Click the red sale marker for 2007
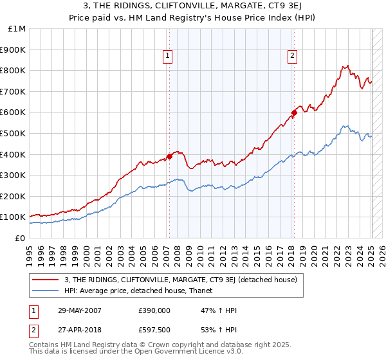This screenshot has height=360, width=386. pyautogui.click(x=169, y=156)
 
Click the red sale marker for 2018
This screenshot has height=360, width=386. pyautogui.click(x=294, y=113)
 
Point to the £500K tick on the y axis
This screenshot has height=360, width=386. pyautogui.click(x=13, y=133)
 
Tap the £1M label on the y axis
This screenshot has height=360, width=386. pyautogui.click(x=17, y=28)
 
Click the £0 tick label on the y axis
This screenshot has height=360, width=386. pyautogui.click(x=21, y=238)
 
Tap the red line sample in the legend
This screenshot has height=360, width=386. pyautogui.click(x=45, y=280)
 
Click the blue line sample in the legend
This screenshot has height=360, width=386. pyautogui.click(x=45, y=291)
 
